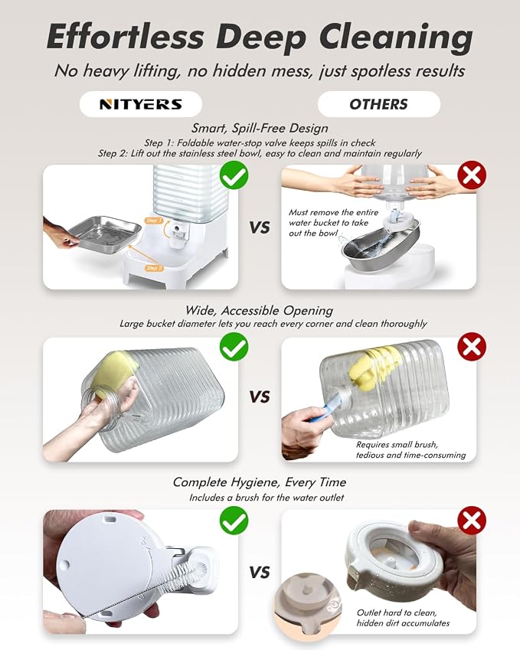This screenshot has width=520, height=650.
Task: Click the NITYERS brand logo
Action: click(x=141, y=104)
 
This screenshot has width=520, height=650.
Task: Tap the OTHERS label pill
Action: click(x=378, y=104)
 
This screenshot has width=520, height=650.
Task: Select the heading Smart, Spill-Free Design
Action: click(x=260, y=129)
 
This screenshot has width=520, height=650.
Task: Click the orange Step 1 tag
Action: click(x=154, y=220)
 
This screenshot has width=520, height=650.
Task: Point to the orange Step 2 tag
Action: click(x=154, y=268)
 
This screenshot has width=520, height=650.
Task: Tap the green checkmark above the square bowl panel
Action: click(x=234, y=175)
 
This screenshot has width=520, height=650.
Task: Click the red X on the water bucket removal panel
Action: click(x=472, y=175)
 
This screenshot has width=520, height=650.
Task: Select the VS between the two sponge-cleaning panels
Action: click(x=260, y=397)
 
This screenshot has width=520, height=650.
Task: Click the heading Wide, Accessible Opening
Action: click(x=259, y=311)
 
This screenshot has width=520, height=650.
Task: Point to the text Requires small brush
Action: click(x=397, y=445)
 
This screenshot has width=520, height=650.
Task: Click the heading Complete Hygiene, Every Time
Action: click(x=260, y=482)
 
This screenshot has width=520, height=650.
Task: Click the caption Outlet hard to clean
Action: click(x=397, y=612)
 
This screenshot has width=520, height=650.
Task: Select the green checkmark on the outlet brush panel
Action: click(x=234, y=521)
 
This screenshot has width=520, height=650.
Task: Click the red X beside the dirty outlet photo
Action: click(x=472, y=521)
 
